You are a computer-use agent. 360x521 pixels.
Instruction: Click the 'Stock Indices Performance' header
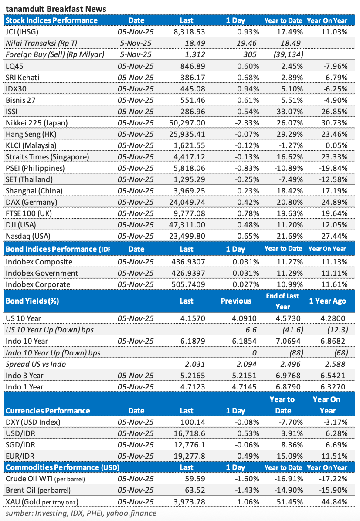(x=51, y=20)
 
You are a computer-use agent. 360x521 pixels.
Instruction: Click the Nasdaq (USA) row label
(x=28, y=236)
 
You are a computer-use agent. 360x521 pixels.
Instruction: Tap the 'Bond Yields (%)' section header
(x=32, y=301)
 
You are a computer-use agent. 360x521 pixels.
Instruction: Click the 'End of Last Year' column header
(x=283, y=301)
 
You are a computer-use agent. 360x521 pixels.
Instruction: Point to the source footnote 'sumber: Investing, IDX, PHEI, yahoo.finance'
(x=81, y=513)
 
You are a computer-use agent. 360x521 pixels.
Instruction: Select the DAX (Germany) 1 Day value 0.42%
(x=249, y=202)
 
